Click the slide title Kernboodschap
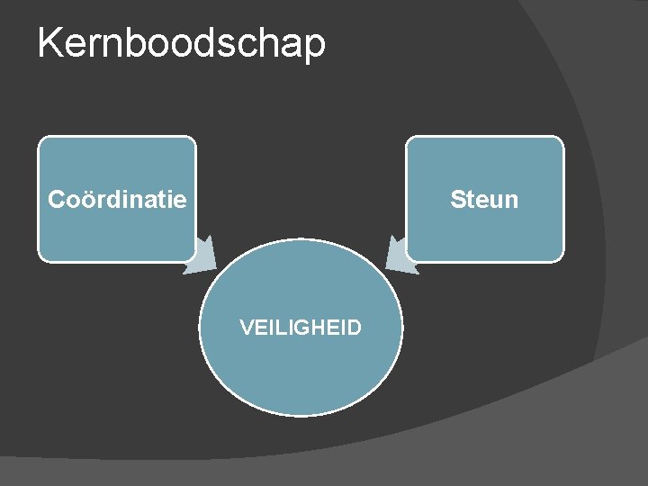pos(181,42)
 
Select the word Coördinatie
pos(117,199)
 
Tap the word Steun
pos(484,199)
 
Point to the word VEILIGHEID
pos(301,328)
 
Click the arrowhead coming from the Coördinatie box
pos(201,256)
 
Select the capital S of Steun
pos(457,199)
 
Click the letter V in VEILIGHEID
pos(246,328)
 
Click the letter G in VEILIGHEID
pos(301,328)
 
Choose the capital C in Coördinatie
pos(57,199)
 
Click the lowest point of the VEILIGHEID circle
pos(300,415)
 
